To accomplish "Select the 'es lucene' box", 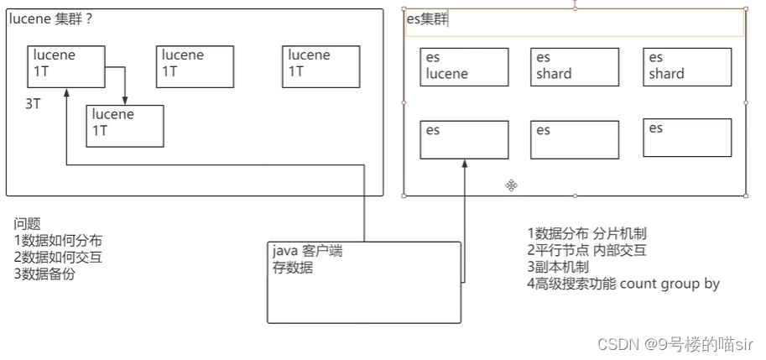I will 464,67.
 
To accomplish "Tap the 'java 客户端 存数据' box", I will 363,282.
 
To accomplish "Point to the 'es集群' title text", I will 427,20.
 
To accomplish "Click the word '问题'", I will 27,224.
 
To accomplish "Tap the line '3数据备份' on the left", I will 44,274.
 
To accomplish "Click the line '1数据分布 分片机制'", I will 586,233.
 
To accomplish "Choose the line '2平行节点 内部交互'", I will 586,250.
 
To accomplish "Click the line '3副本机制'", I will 557,267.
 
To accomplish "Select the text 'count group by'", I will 670,284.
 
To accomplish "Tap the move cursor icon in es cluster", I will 511,185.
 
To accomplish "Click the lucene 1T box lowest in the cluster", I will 125,126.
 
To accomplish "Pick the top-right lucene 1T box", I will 321,67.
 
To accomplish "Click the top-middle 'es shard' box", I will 575,67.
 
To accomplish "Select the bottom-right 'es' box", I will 687,138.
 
